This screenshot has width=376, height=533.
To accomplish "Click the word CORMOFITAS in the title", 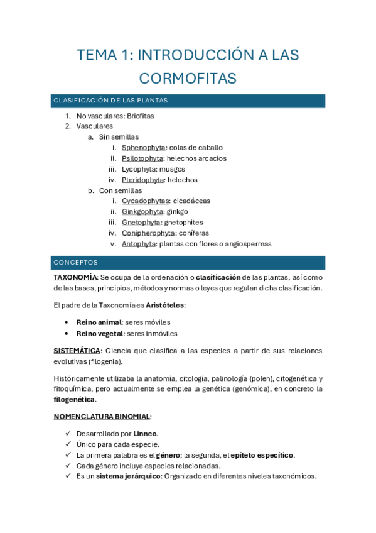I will [188, 79].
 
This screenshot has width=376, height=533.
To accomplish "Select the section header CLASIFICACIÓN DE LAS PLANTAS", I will [110, 101].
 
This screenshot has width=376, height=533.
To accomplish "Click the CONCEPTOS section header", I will [75, 262].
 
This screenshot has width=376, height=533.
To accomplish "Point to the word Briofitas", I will [140, 116].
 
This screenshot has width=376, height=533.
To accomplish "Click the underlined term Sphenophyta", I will [139, 148].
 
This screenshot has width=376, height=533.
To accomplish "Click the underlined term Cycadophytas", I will [145, 201].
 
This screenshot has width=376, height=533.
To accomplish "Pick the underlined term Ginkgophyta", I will [142, 211].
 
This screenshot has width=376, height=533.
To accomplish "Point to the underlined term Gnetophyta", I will [141, 222].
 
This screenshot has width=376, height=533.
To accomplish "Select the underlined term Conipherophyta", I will [148, 233].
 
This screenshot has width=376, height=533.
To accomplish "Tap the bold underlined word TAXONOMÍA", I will [75, 277].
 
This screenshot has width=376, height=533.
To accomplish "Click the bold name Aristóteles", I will [165, 305].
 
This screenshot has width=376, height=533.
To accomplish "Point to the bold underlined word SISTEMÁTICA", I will [77, 351].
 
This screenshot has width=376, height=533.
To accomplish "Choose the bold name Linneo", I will [145, 434].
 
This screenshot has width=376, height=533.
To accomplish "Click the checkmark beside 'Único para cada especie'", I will [68, 444].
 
